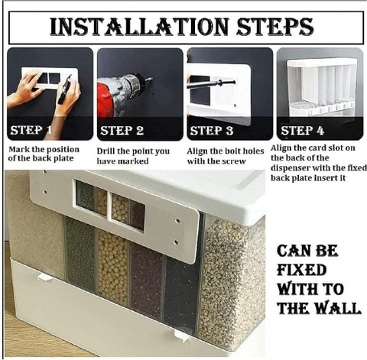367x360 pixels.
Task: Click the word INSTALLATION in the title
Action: [139, 27]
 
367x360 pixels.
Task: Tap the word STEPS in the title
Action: [275, 27]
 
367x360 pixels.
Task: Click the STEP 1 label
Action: [31, 130]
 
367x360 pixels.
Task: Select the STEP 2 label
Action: [122, 131]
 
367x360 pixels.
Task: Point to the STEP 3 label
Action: [212, 131]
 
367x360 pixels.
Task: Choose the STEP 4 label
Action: [302, 131]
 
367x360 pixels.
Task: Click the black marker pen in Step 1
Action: [64, 89]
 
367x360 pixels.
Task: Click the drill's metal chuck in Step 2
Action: [135, 84]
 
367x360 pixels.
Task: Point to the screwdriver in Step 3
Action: [211, 84]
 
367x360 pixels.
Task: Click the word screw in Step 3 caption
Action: [234, 162]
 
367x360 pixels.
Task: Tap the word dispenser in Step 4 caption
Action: [291, 168]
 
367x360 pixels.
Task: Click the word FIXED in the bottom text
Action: [302, 270]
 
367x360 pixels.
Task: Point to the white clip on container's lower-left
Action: [45, 277]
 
